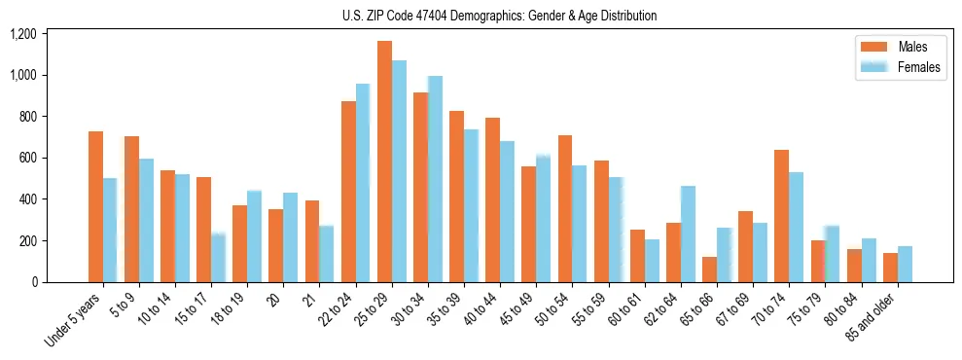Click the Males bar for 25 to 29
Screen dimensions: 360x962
click(384, 162)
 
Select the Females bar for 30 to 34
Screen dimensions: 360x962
click(435, 179)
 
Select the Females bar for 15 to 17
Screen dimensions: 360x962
click(218, 258)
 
